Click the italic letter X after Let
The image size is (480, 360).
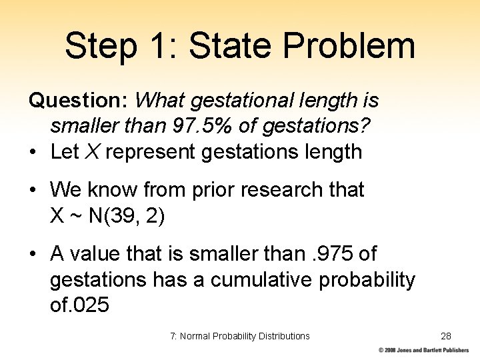pyautogui.click(x=93, y=152)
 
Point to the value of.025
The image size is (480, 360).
pyautogui.click(x=80, y=305)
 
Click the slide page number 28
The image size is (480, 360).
pyautogui.click(x=446, y=336)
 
